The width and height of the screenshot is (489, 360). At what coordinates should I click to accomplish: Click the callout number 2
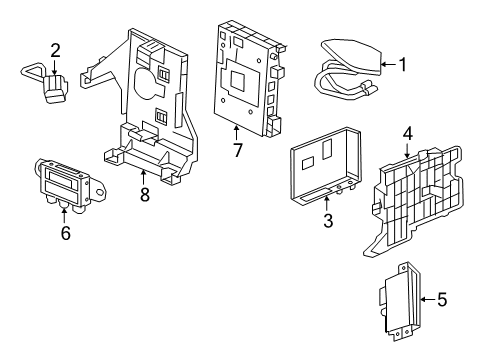[x=55, y=49]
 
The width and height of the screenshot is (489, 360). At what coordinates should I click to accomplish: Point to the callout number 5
[x=443, y=297]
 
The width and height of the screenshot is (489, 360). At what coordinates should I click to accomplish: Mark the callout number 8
[x=144, y=196]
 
